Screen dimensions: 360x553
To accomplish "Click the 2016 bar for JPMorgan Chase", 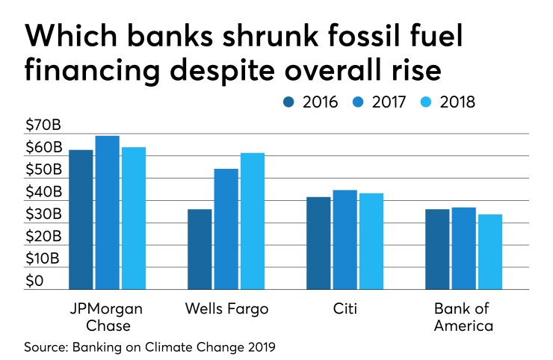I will pos(81,220).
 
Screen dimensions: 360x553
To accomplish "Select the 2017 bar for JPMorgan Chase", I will pos(108,213).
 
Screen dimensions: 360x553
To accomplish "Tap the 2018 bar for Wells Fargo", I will pos(252,221).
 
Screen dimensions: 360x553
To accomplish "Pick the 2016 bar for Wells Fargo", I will pos(200,249).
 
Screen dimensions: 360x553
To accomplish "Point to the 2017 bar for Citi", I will pos(345,240).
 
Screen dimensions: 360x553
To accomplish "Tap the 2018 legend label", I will pos(457,102).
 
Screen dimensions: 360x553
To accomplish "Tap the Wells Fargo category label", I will pos(226,308).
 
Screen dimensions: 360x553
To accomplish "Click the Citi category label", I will pos(345,308).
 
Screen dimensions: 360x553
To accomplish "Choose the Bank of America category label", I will pos(463,317).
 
